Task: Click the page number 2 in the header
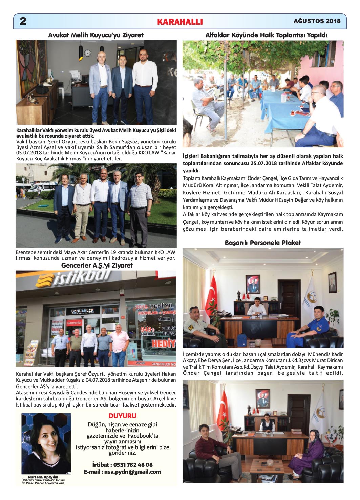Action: (x=23, y=21)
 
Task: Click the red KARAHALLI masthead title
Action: (x=180, y=22)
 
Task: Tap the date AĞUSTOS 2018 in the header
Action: (x=317, y=21)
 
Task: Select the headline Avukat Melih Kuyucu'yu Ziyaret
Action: (x=96, y=35)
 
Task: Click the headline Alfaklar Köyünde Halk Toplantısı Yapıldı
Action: (x=266, y=35)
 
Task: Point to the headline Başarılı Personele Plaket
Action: (x=263, y=243)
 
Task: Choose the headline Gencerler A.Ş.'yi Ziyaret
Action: (x=97, y=265)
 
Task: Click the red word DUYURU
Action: (x=123, y=416)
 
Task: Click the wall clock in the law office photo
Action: (x=87, y=53)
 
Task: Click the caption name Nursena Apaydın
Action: (x=43, y=477)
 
